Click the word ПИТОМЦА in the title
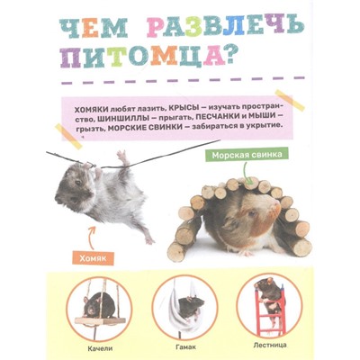pos(143,57)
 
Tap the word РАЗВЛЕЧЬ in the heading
pos(225,29)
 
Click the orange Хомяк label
pos(93,257)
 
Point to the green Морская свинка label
pos(247,155)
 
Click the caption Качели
pos(100,348)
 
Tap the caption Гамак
pos(185,347)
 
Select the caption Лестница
pos(270,345)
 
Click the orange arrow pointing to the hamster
pos(90,237)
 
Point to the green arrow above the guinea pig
pos(245,172)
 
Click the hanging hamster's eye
pos(78,182)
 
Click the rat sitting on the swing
pos(99,303)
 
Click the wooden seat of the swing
pos(100,320)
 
